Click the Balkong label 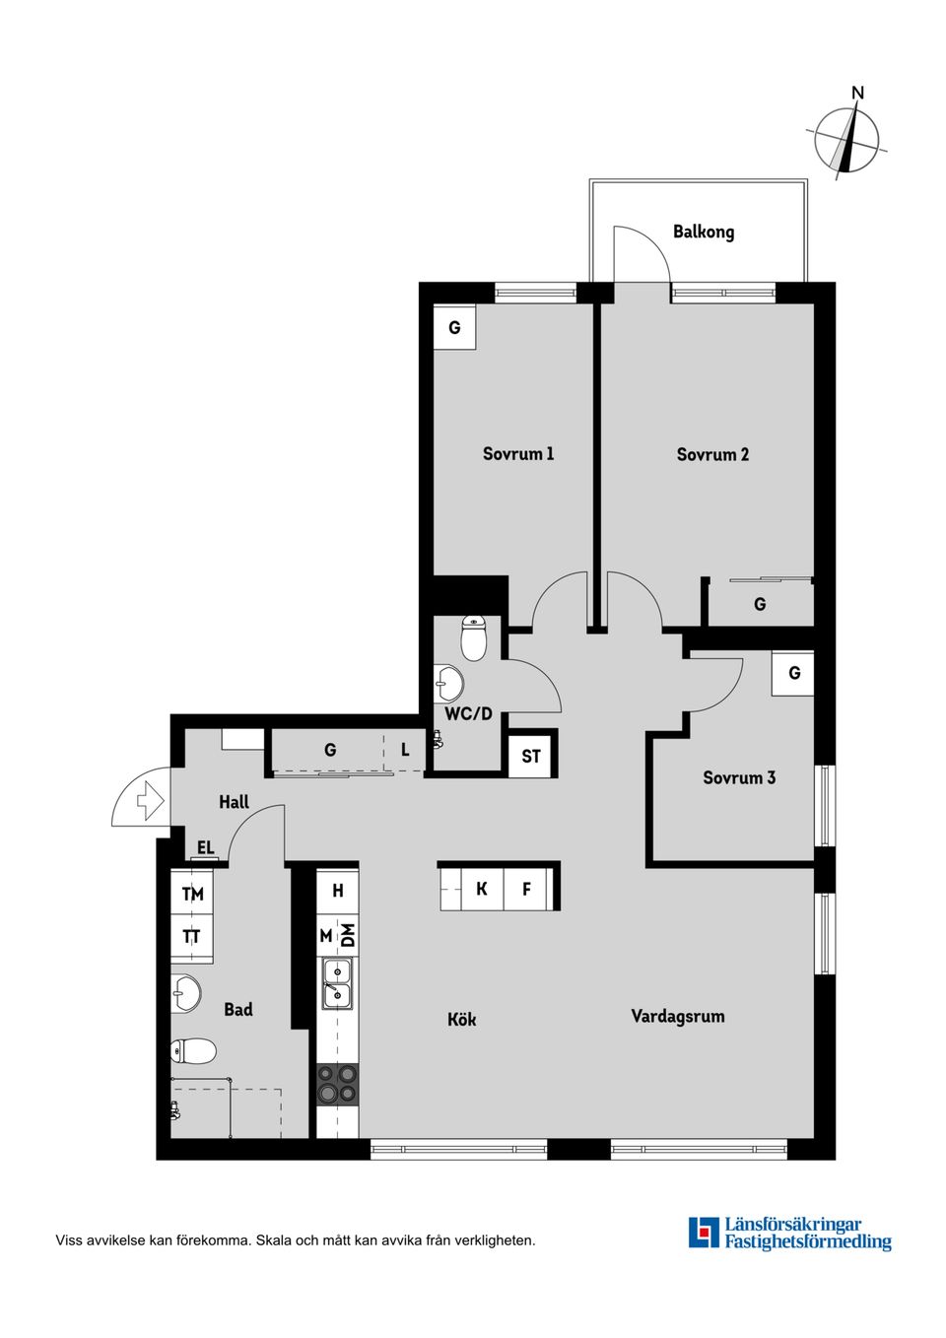pos(704,232)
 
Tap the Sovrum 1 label pos(518,453)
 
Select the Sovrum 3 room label pos(739,777)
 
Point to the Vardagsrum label pos(678,1016)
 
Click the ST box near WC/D pos(531,756)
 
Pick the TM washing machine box pos(192,894)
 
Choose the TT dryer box pos(192,936)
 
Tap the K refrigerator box pos(482,889)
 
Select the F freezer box pos(527,889)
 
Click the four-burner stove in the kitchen pos(337,1084)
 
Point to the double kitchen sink pos(337,983)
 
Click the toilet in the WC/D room pos(474,638)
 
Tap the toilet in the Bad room pos(194,1051)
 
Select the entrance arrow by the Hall pos(150,799)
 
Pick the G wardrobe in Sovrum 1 pos(454,327)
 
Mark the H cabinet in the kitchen pos(338,891)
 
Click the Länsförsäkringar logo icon pos(704,1233)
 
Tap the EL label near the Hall pos(205,847)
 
